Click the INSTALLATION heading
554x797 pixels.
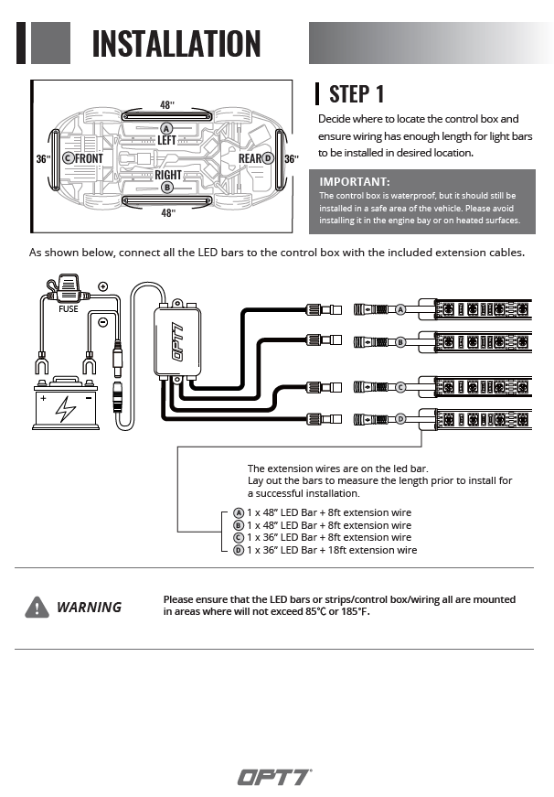(176, 43)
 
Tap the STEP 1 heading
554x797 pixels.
(357, 93)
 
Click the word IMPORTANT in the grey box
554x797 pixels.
(355, 182)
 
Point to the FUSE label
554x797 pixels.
(69, 309)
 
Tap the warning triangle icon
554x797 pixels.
(37, 607)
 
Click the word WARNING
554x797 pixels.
(89, 607)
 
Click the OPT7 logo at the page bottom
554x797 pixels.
(275, 777)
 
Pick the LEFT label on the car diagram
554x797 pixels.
(166, 140)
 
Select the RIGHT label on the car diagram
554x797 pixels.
(167, 175)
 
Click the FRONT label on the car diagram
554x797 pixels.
(89, 158)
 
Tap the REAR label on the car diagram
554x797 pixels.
(250, 158)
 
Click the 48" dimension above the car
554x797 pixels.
(167, 106)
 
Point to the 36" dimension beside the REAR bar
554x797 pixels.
(291, 158)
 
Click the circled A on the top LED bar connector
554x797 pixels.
(400, 310)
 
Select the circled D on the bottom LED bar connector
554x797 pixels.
(400, 420)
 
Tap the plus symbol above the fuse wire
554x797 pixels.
(102, 286)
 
